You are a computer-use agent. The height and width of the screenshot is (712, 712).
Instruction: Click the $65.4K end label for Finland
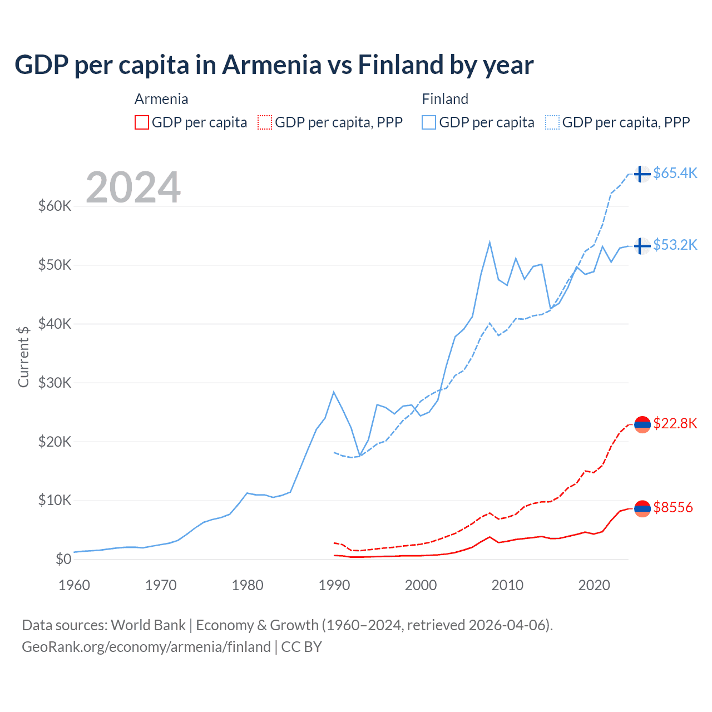click(x=675, y=173)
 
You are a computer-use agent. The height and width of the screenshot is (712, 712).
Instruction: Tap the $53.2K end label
click(x=675, y=245)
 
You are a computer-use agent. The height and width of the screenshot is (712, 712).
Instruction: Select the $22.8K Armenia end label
click(x=675, y=423)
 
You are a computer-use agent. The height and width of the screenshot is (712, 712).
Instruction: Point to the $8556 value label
click(x=673, y=507)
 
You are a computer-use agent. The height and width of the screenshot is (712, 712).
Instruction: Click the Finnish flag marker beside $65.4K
click(x=642, y=174)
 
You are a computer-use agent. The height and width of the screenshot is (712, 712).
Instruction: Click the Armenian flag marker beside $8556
click(x=642, y=508)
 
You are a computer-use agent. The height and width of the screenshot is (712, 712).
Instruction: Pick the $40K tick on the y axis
click(x=55, y=324)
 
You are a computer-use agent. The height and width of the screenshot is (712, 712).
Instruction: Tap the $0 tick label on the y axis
click(x=63, y=559)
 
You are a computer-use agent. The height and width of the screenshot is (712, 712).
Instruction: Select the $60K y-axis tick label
click(x=55, y=206)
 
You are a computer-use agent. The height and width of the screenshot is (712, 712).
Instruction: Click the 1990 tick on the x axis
click(x=334, y=585)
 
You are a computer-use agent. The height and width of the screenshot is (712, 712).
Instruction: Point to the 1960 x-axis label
click(x=74, y=585)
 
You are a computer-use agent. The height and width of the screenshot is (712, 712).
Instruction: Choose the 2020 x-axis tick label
click(x=594, y=585)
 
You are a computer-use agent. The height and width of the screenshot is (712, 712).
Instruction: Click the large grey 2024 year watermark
click(x=133, y=187)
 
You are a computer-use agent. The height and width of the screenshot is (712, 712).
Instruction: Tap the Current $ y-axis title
click(x=23, y=357)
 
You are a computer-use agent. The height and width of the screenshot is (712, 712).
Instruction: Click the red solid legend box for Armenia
click(x=142, y=122)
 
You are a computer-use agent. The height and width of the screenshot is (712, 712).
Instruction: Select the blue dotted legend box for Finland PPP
click(x=552, y=122)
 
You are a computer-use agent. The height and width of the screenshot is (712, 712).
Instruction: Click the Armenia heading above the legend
click(x=161, y=99)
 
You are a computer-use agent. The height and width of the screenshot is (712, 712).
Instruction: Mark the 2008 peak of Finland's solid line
click(x=489, y=242)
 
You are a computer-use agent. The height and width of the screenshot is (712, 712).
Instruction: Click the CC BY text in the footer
click(x=301, y=647)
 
